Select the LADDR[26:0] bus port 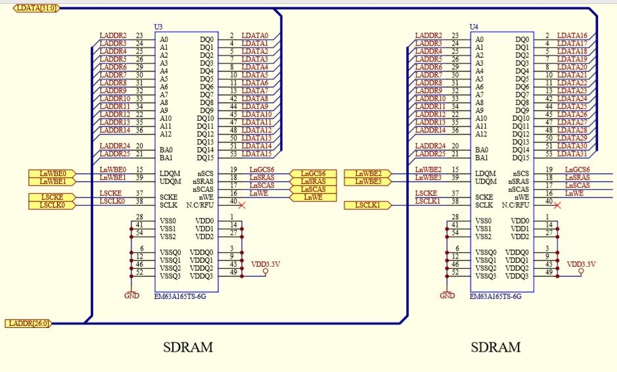(x=28, y=323)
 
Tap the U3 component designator (x=158, y=27)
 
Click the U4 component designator (x=474, y=27)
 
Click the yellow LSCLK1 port (x=368, y=205)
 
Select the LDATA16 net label (x=572, y=35)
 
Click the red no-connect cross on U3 (x=242, y=205)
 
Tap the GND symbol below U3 (x=131, y=296)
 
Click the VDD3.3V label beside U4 (x=581, y=264)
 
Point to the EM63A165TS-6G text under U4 (x=496, y=296)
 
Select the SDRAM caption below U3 (x=188, y=347)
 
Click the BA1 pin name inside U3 (x=166, y=158)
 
